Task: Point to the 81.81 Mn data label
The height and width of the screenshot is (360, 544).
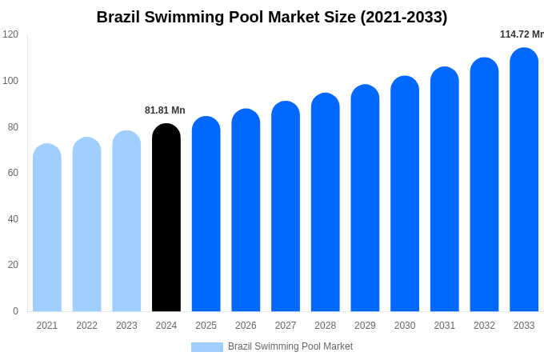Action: (165, 110)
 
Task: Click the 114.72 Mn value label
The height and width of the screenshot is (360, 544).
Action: (522, 34)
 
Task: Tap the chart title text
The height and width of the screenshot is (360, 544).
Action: (272, 17)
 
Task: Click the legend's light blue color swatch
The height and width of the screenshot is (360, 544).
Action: (207, 347)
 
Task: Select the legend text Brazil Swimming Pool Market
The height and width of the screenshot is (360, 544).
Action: (290, 346)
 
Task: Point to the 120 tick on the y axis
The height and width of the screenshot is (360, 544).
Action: (10, 34)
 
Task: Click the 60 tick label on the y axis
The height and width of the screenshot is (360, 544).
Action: (13, 173)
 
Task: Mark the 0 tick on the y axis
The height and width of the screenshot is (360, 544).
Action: (15, 311)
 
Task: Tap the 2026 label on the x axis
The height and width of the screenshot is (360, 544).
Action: (246, 326)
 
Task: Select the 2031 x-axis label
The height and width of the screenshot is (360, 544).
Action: (445, 326)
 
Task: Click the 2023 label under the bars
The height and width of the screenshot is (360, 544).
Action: (126, 326)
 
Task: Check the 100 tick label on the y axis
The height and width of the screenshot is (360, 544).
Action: (10, 81)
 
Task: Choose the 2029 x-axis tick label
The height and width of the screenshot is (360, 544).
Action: (365, 326)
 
